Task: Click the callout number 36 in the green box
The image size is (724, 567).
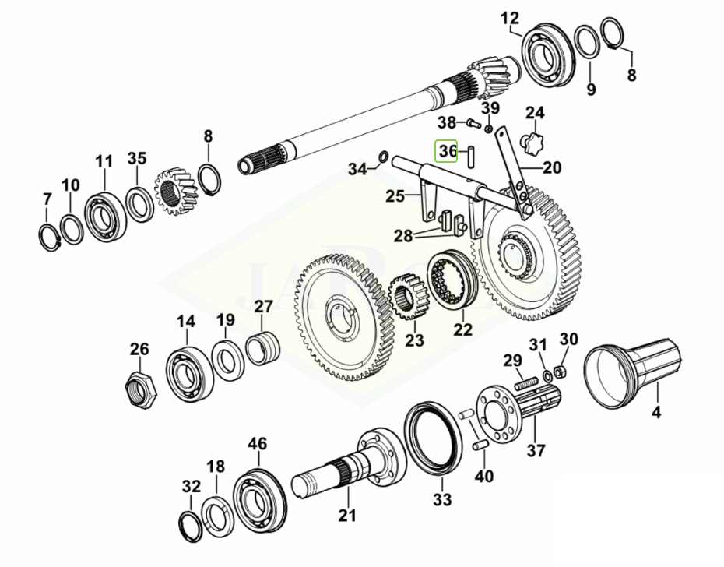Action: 447,151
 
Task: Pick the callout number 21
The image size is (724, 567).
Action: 346,515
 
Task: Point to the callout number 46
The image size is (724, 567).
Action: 257,444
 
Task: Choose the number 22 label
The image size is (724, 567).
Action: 463,329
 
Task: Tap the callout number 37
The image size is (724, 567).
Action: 536,449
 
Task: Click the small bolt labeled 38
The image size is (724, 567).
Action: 473,122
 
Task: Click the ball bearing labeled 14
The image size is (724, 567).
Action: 188,370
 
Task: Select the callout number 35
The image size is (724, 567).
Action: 136,159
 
